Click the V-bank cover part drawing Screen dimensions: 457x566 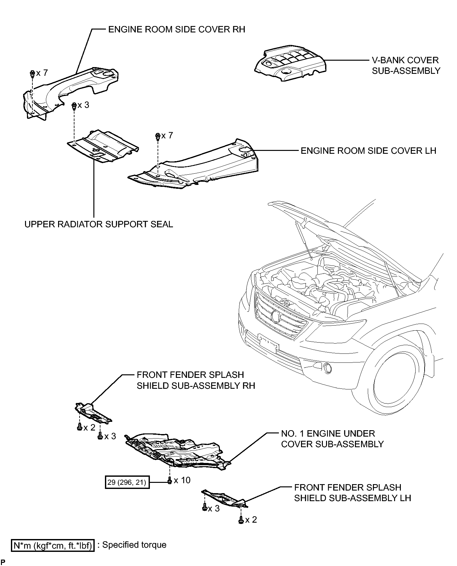coord(290,63)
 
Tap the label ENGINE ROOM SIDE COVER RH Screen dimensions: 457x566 coord(177,30)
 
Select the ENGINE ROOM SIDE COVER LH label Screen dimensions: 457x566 coord(368,151)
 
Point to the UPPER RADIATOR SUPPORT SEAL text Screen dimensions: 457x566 coord(99,224)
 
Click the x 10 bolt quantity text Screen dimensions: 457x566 coord(182,480)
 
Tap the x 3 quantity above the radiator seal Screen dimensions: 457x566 coord(83,105)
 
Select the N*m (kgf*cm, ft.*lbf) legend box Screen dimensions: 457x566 coord(53,545)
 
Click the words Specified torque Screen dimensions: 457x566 coord(134,545)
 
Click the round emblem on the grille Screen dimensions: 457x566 coord(276,316)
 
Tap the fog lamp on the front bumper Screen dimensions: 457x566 coord(327,368)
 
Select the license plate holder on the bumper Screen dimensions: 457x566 coord(268,343)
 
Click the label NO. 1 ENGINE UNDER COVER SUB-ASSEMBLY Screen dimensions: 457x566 coord(332,439)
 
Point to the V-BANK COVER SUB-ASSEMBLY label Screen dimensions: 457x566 coord(406,65)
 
